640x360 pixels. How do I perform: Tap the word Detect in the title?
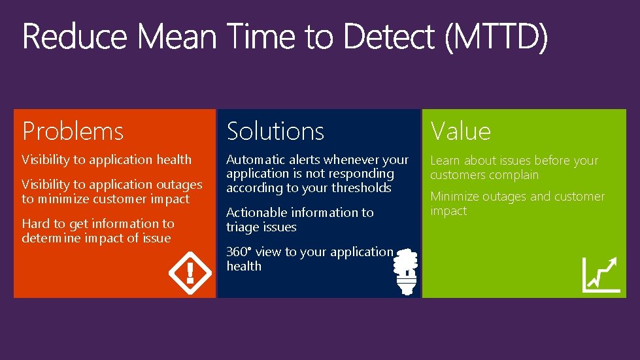(389, 37)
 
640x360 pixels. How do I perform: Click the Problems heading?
(73, 131)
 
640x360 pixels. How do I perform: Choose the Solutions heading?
(275, 131)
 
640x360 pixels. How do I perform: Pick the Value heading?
(460, 131)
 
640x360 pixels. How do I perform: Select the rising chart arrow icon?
(601, 274)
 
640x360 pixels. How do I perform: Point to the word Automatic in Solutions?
(256, 159)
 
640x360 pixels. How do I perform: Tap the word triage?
(243, 227)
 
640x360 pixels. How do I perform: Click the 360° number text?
(239, 252)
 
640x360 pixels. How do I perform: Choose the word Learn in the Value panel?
(445, 161)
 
